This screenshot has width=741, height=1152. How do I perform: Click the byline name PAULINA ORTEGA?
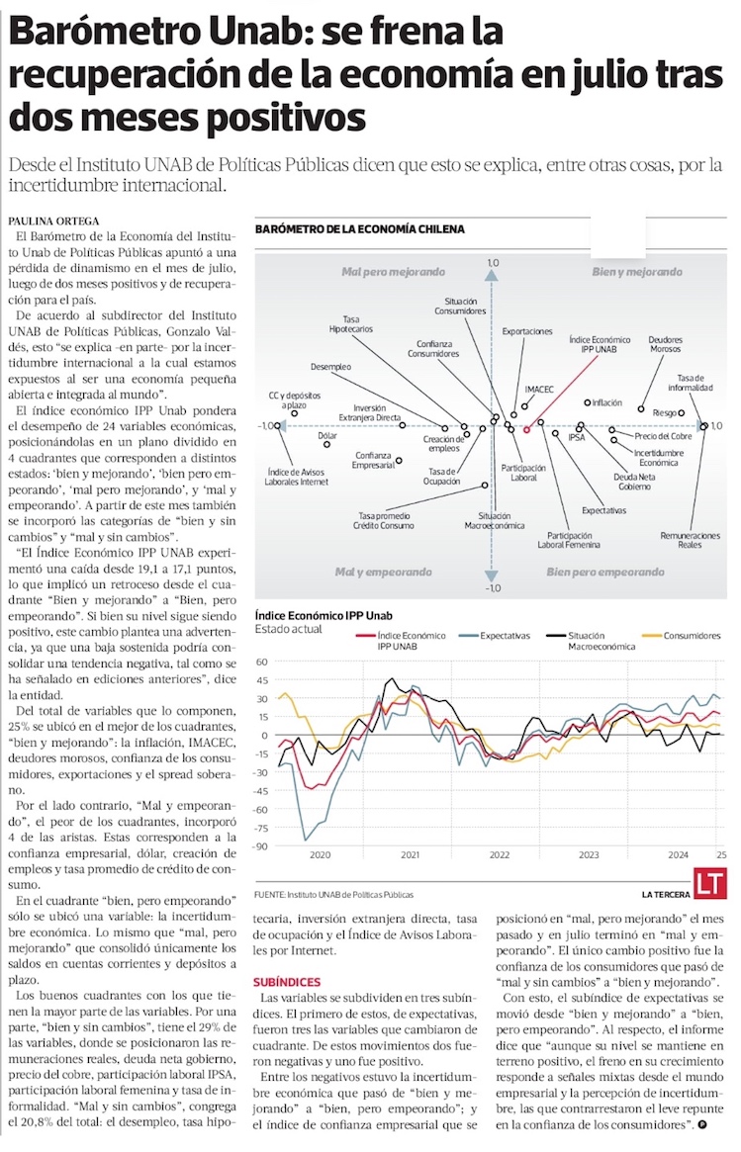click(x=53, y=221)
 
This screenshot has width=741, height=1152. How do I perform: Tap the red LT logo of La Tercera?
click(x=707, y=882)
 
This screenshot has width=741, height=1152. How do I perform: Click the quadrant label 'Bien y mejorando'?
click(x=636, y=271)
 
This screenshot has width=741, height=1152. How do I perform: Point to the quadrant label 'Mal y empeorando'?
click(x=383, y=572)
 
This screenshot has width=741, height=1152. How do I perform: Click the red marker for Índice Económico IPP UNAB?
click(x=526, y=429)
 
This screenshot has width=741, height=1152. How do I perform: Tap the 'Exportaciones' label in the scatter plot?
click(x=527, y=331)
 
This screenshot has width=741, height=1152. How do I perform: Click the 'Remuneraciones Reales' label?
click(x=691, y=540)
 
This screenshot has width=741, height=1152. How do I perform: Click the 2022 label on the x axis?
click(x=500, y=853)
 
